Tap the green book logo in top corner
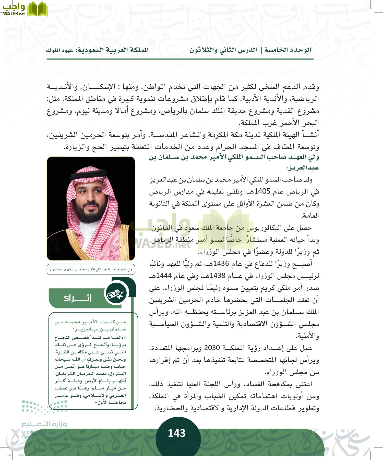coord(38,9)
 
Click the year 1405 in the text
coord(262,191)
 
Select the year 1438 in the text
coord(217,275)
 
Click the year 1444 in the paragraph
coord(164,275)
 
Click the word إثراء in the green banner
coord(78,298)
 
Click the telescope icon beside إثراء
coord(116,294)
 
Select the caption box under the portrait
coord(91,269)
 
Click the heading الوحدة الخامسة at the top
coord(288,50)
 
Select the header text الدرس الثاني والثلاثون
coord(223,50)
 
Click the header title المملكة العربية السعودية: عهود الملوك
coord(97,50)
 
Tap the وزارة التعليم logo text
coord(44,424)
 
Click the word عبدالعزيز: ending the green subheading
coord(303,168)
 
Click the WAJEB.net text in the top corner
coord(14,14)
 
